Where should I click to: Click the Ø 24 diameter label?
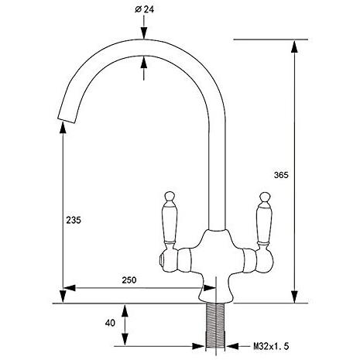click(x=145, y=9)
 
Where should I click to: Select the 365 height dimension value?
click(x=281, y=175)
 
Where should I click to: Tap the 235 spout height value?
click(x=74, y=220)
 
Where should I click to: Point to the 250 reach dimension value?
click(x=129, y=280)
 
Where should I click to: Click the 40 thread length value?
click(x=110, y=323)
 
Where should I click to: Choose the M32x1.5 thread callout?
click(x=271, y=346)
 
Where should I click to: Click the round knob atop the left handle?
click(x=170, y=196)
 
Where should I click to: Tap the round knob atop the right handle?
click(x=265, y=197)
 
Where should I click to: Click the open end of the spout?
click(x=67, y=121)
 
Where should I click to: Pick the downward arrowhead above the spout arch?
click(x=144, y=33)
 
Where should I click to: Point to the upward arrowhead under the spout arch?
click(x=144, y=63)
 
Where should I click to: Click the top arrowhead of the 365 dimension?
click(x=294, y=46)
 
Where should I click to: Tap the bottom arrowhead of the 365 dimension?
click(x=294, y=297)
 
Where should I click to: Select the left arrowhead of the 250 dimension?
click(x=70, y=288)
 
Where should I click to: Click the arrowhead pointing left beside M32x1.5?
click(x=232, y=346)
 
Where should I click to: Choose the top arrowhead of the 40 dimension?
click(x=125, y=310)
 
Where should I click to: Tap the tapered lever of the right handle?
click(x=265, y=224)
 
